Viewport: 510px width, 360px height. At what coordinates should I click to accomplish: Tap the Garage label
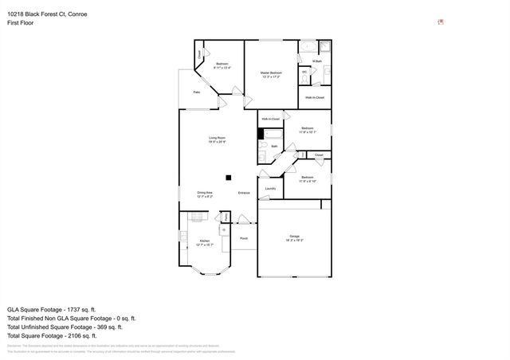(x=294, y=237)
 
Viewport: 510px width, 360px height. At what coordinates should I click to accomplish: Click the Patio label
(x=197, y=92)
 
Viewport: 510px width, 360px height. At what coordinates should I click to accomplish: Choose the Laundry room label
(x=270, y=189)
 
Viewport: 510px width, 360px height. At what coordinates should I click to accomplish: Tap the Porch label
(x=244, y=237)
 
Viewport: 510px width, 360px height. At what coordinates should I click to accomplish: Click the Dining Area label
(x=205, y=193)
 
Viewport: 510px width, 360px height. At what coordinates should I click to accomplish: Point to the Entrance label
(x=244, y=193)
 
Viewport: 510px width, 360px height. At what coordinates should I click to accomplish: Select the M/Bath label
(x=316, y=61)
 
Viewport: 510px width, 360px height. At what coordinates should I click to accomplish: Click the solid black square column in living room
(x=229, y=177)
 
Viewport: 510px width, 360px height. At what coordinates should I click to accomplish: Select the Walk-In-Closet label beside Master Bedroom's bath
(x=315, y=97)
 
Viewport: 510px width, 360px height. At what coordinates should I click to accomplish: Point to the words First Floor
(x=21, y=23)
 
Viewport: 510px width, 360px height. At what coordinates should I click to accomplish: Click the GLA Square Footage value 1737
(x=78, y=308)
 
